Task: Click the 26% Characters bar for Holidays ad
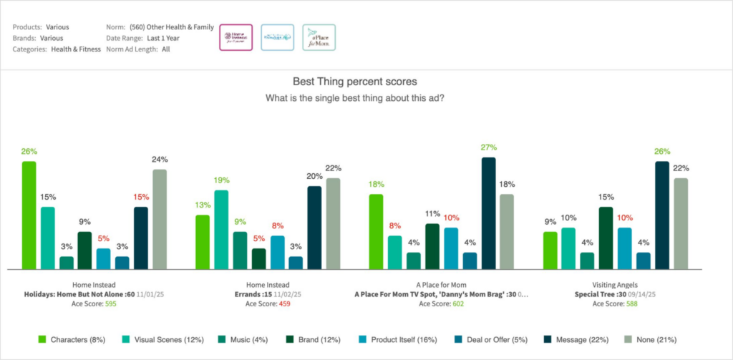(x=29, y=215)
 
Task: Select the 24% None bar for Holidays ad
(x=159, y=219)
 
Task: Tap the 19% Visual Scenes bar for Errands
(x=221, y=229)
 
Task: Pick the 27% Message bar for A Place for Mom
(x=489, y=213)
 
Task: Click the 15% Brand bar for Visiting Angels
(x=606, y=238)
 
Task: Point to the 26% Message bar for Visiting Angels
(x=662, y=215)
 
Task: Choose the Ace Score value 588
(x=629, y=303)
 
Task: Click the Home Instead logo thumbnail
(x=236, y=37)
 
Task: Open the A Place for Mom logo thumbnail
(x=319, y=37)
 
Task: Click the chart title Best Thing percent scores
(x=355, y=82)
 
